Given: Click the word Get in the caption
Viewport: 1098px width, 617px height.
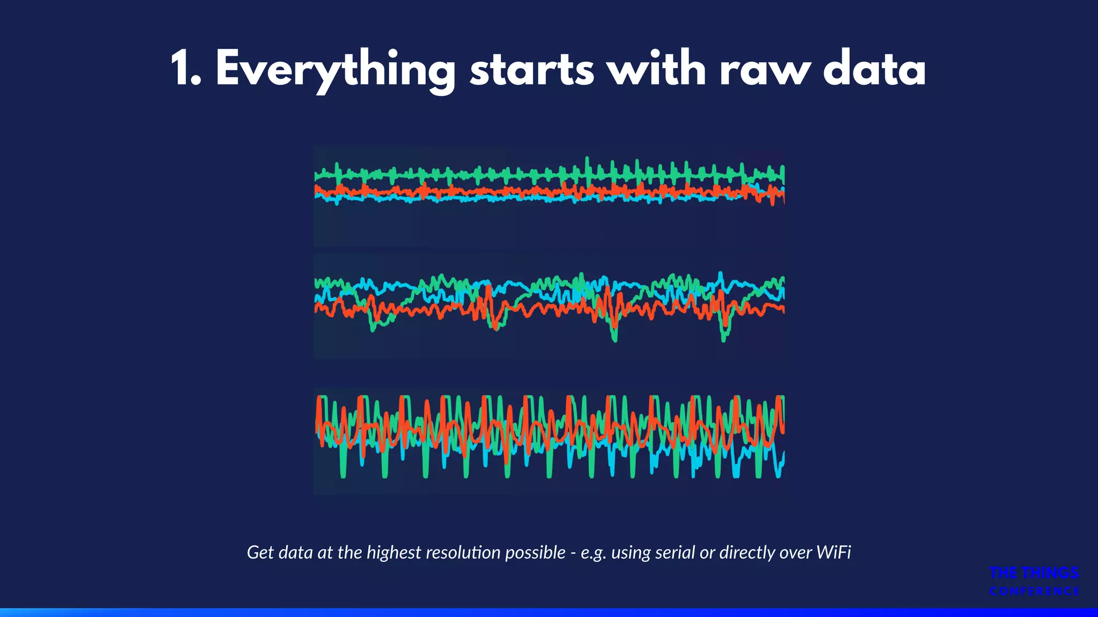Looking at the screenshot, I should point(260,552).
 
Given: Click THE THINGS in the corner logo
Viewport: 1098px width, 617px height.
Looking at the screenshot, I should point(1034,573).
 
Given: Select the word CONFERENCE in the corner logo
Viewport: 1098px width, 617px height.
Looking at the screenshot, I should point(1034,591).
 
